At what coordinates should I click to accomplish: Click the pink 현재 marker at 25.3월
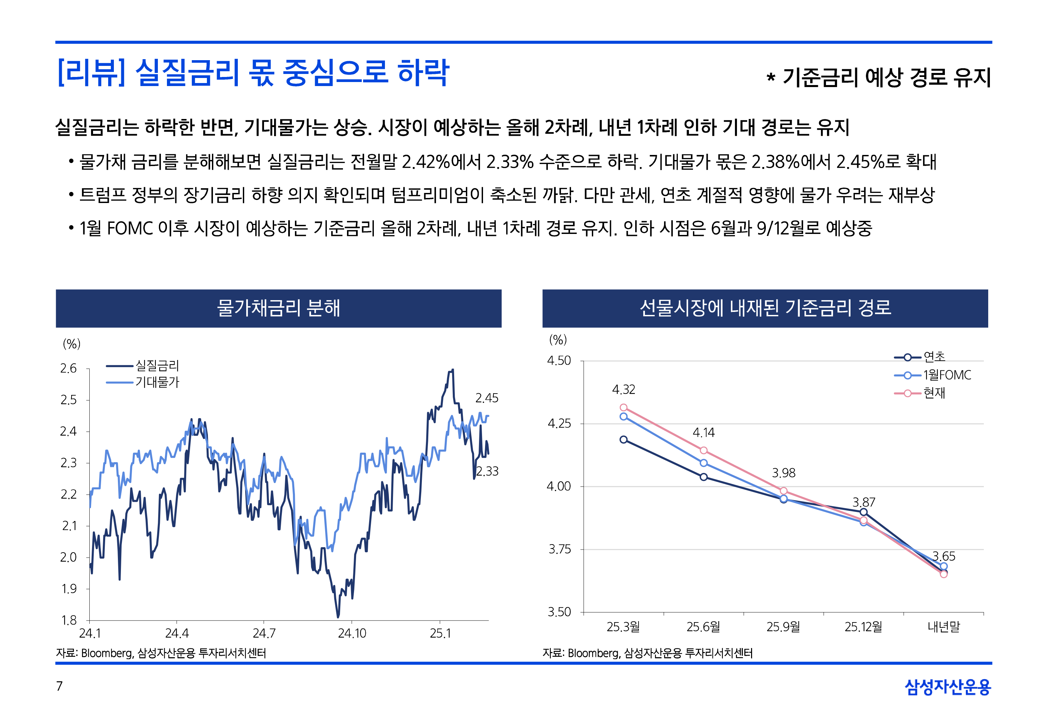point(623,408)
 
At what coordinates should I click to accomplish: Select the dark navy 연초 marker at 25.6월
point(703,477)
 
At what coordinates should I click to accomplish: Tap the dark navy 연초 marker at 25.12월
point(864,512)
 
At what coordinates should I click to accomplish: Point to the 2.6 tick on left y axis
point(69,368)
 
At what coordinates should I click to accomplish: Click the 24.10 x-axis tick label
point(352,633)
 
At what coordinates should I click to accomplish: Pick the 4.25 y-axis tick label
point(559,424)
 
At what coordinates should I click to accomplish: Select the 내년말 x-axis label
point(944,627)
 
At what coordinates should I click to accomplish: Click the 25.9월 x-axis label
point(784,627)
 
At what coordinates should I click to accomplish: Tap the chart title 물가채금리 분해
point(278,308)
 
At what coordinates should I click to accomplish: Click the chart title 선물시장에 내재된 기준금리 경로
point(765,308)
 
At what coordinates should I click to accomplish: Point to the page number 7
point(59,686)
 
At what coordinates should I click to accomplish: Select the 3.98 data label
point(784,473)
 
